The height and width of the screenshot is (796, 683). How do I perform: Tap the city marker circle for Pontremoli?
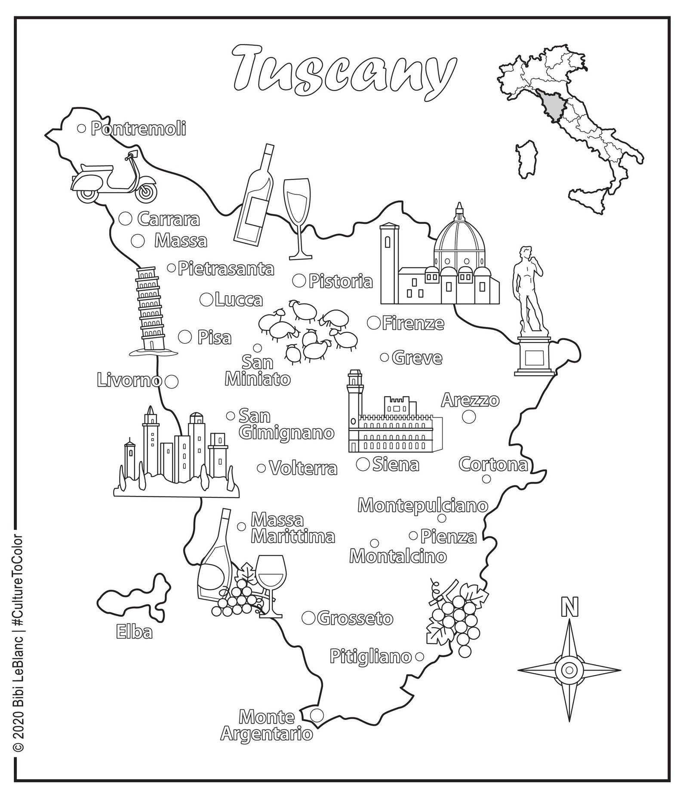point(81,128)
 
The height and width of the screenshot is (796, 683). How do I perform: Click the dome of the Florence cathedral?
point(460,241)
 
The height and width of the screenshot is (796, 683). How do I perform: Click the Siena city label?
point(395,465)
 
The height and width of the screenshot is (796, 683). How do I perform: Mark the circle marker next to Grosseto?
point(308,618)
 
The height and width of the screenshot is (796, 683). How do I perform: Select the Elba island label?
point(134,632)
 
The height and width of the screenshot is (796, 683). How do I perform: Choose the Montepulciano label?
point(423,505)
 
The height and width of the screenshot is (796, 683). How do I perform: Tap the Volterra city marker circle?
point(261,468)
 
